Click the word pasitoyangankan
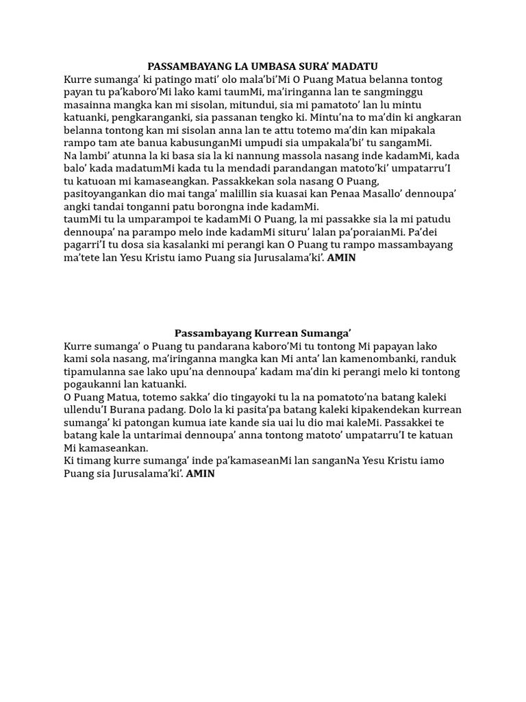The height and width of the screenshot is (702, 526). click(x=107, y=194)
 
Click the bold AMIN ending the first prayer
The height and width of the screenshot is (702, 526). click(x=342, y=258)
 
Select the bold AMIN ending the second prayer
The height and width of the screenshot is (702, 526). click(x=201, y=474)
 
